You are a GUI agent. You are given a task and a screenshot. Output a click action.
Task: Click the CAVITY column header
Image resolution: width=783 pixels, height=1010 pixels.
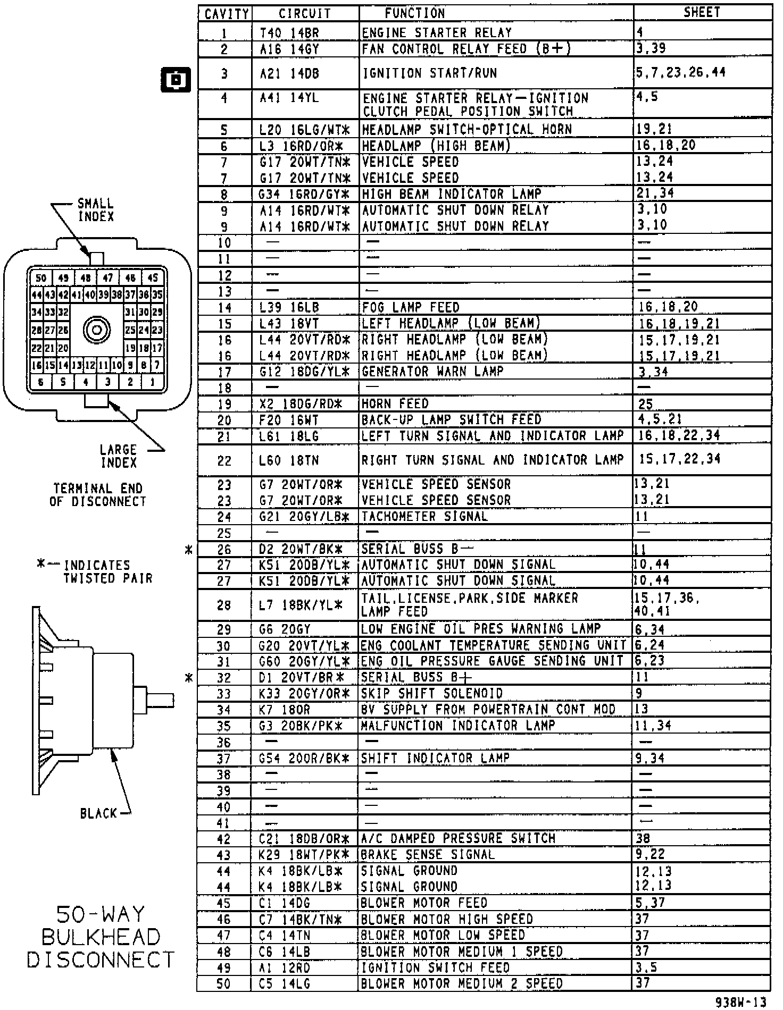point(226,14)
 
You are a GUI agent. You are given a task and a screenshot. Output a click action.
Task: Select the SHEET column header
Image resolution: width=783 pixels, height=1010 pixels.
point(702,13)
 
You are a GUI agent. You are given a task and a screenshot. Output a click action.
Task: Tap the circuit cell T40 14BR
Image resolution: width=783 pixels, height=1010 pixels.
point(289,33)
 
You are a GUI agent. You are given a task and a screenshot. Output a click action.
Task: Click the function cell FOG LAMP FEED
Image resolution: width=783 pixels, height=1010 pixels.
point(410,307)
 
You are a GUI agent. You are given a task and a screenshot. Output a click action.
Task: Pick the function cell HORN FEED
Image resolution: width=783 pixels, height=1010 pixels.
point(395,404)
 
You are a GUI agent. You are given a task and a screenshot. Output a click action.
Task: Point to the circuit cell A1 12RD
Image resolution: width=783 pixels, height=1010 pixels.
point(285,967)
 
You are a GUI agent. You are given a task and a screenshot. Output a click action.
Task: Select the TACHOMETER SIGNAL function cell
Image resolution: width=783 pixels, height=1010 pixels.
point(424,516)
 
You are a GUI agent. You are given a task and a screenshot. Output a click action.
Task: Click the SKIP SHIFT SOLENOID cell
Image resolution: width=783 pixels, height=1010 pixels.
point(432,693)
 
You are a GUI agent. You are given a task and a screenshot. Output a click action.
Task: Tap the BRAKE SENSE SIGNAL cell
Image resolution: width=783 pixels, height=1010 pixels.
point(428,855)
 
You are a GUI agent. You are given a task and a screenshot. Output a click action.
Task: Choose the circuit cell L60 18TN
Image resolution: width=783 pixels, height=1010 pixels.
point(289,460)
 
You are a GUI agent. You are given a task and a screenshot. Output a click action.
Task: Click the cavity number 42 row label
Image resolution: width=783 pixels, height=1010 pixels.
point(224,839)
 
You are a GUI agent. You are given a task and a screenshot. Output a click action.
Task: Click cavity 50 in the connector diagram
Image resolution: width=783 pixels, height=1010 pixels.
point(41,278)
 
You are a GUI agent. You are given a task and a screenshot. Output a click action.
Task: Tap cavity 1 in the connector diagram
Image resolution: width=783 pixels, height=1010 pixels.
point(153,381)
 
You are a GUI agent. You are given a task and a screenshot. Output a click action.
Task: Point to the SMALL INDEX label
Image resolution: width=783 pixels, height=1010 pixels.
point(96,210)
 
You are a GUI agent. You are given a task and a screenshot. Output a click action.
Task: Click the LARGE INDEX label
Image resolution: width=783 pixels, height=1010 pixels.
point(119,456)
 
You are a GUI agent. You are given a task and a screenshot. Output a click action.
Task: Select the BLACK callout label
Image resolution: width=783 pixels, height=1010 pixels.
point(98,813)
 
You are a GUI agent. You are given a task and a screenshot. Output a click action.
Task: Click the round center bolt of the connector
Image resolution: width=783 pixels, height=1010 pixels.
point(97,330)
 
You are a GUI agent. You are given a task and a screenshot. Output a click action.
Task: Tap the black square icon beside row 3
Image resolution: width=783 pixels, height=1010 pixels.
point(176,80)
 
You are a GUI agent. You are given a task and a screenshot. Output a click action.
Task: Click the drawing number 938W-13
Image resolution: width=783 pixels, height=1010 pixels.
point(741,1001)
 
